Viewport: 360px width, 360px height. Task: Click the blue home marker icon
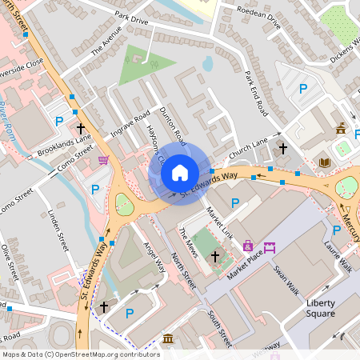point(180,172)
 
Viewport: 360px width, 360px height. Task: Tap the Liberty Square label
point(309,308)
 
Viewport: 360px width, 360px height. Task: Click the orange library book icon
point(324,163)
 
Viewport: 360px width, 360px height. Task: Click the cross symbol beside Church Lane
point(282,148)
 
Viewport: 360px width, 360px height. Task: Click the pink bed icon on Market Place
point(269,246)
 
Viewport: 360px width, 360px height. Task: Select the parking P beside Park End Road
point(303,89)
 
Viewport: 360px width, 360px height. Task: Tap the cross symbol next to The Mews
point(214,256)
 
